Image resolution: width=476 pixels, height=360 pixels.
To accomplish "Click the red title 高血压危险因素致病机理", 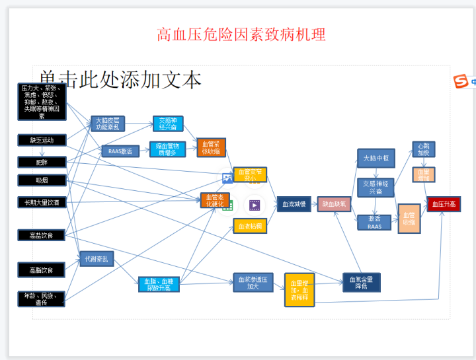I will [x=241, y=34].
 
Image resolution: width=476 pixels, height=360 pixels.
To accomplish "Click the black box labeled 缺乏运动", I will [x=42, y=140].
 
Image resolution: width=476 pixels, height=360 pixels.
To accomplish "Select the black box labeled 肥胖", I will [x=42, y=162].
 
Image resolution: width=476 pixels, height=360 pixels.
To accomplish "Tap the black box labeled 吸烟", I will [x=42, y=180].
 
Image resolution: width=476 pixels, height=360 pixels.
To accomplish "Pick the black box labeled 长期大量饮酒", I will [x=42, y=202].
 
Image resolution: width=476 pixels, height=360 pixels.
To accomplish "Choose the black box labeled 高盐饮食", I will [x=42, y=235].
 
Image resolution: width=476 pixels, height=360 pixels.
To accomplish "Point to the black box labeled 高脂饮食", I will [x=42, y=270].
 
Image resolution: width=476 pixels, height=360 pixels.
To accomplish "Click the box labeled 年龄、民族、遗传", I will [x=42, y=299].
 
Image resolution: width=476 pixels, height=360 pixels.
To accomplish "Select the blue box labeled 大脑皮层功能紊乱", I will [x=107, y=124].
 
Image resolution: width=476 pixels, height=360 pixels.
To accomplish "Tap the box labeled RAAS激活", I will [x=120, y=151].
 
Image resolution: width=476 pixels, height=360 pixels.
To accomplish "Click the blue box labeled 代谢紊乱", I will [x=98, y=260].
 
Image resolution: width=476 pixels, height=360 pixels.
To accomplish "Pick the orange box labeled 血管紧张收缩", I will [x=212, y=147].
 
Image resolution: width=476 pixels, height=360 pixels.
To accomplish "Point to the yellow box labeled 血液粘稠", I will [x=250, y=227].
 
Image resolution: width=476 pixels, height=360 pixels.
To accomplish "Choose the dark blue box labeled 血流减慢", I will [x=294, y=205].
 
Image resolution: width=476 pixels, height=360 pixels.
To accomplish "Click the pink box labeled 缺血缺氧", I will [x=334, y=205].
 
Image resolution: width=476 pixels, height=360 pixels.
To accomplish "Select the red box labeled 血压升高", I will [x=444, y=205].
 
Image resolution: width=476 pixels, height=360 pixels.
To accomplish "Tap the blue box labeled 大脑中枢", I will [x=376, y=158].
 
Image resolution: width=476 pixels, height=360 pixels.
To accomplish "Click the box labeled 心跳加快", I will [x=424, y=149].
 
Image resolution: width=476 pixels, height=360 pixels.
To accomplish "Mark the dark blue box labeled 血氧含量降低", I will [x=362, y=282].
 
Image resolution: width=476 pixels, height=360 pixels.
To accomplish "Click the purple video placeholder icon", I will [x=254, y=205].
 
